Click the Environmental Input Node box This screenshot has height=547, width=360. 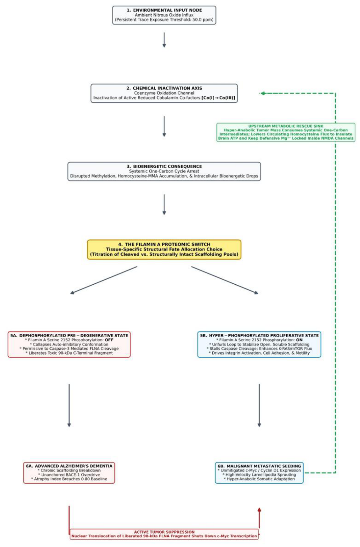(164, 15)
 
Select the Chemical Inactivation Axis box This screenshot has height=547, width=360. (164, 93)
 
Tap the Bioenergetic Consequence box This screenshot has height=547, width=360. (164, 171)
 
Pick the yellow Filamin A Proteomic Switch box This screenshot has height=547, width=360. (164, 249)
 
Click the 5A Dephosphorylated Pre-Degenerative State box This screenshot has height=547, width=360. (69, 344)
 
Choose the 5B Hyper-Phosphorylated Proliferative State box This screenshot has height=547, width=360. (259, 344)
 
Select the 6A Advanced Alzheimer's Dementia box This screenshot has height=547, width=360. (69, 473)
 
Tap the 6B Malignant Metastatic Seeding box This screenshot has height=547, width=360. (259, 473)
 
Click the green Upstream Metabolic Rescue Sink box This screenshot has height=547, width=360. (286, 132)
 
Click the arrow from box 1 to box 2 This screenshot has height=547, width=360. (164, 40)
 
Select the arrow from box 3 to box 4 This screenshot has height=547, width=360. (164, 204)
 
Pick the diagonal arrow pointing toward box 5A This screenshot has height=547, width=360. (104, 280)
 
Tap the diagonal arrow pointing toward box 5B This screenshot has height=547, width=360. (225, 280)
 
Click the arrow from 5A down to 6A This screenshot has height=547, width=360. (69, 405)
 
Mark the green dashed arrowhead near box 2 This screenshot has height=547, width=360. (262, 93)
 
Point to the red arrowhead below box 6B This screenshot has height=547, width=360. (259, 510)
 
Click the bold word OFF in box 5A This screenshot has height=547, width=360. (109, 340)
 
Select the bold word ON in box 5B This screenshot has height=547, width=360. (299, 340)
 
